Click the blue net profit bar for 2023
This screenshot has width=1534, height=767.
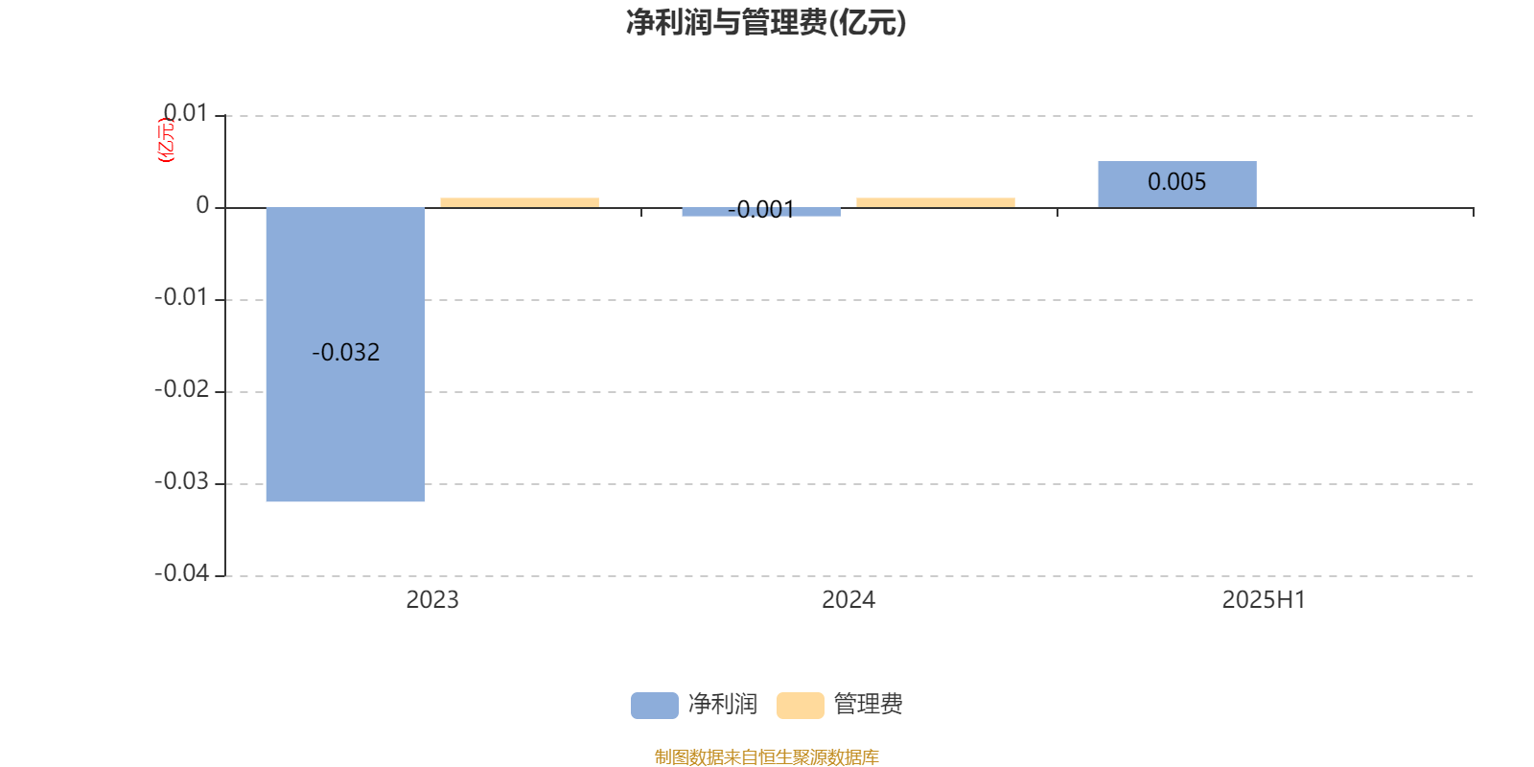pos(345,354)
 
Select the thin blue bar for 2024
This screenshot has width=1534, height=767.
pos(761,212)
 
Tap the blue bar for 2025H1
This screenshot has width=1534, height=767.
pos(1177,184)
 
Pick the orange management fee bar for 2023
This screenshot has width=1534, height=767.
pos(520,202)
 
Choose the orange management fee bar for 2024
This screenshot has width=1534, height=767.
pos(936,202)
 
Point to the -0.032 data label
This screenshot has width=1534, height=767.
pos(346,352)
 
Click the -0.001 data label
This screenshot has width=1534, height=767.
pos(761,210)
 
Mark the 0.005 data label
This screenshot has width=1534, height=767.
pos(1177,181)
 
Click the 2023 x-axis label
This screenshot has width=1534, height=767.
pos(432,600)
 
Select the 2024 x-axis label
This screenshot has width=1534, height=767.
pos(848,600)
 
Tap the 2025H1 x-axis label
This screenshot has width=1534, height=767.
pos(1265,600)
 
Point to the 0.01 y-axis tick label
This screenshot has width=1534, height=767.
pos(186,113)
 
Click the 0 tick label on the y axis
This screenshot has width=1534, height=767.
pos(202,205)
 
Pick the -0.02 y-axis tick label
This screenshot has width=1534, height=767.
pos(182,389)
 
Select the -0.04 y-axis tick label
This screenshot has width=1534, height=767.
pos(182,573)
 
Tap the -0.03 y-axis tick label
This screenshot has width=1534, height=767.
pos(182,481)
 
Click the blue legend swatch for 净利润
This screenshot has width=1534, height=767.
pos(655,706)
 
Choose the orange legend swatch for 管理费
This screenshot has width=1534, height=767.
pos(801,706)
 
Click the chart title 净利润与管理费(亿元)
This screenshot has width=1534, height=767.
pos(766,23)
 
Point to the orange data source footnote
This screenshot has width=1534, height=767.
pos(766,756)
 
